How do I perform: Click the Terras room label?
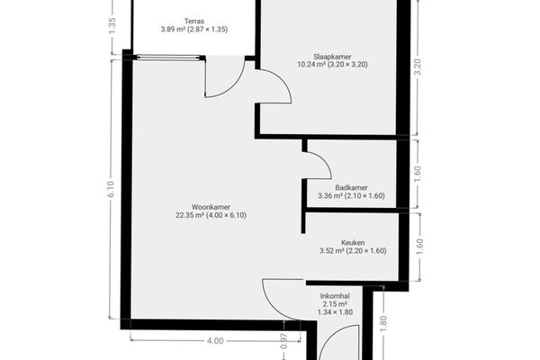tap(194, 22)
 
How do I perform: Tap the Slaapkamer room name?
tap(332, 57)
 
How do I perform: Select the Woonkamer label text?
tap(211, 207)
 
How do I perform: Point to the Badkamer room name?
tap(351, 188)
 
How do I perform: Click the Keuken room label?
tap(353, 242)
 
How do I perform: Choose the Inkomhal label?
tap(335, 296)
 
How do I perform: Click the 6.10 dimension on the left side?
tap(111, 189)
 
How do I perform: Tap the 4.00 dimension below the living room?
tap(215, 341)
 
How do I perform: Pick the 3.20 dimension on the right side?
tap(418, 67)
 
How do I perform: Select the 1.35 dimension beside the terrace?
tap(112, 26)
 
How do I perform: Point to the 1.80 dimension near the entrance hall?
tap(383, 323)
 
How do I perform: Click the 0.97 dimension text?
tap(283, 341)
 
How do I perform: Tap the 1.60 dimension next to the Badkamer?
tap(418, 175)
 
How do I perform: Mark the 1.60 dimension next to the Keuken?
tap(419, 247)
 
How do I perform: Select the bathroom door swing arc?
tap(325, 161)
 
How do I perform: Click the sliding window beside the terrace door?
tap(168, 58)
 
